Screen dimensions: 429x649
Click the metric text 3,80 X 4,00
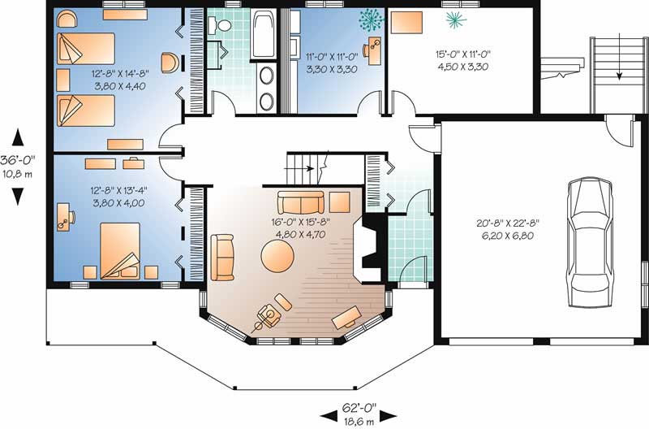click(x=118, y=203)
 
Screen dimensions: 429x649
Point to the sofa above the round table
click(x=300, y=201)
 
